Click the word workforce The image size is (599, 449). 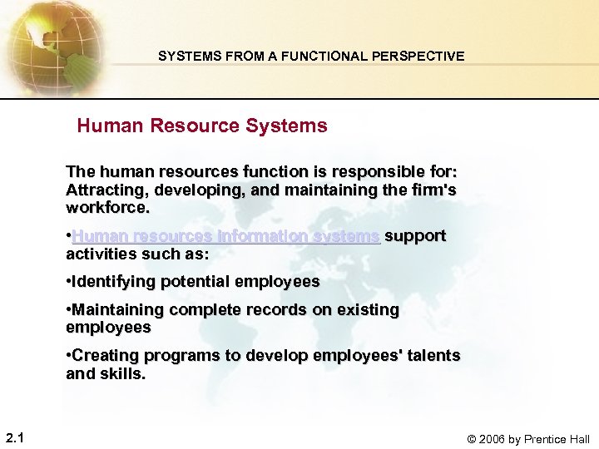(106, 207)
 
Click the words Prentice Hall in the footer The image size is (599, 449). (558, 439)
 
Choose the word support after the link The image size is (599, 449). (415, 236)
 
